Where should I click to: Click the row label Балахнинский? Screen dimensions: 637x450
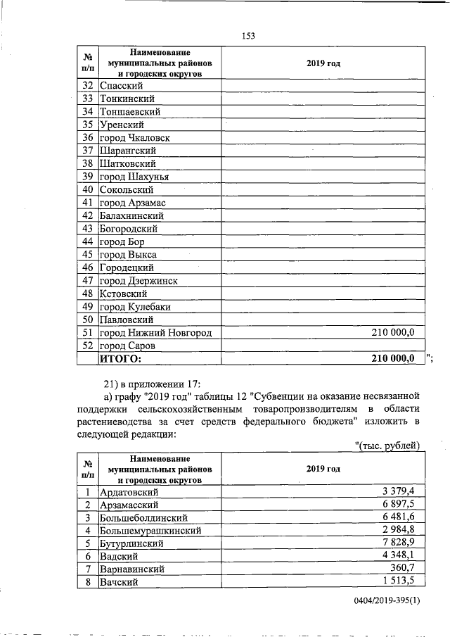tap(131, 215)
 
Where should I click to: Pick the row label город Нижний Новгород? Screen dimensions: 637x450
tap(155, 333)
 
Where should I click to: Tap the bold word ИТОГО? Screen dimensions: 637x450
tap(120, 359)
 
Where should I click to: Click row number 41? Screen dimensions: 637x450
tap(88, 203)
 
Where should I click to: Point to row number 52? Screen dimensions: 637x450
tap(88, 346)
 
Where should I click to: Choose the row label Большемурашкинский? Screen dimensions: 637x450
tap(152, 530)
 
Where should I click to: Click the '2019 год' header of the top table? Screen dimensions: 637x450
tap(323, 63)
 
